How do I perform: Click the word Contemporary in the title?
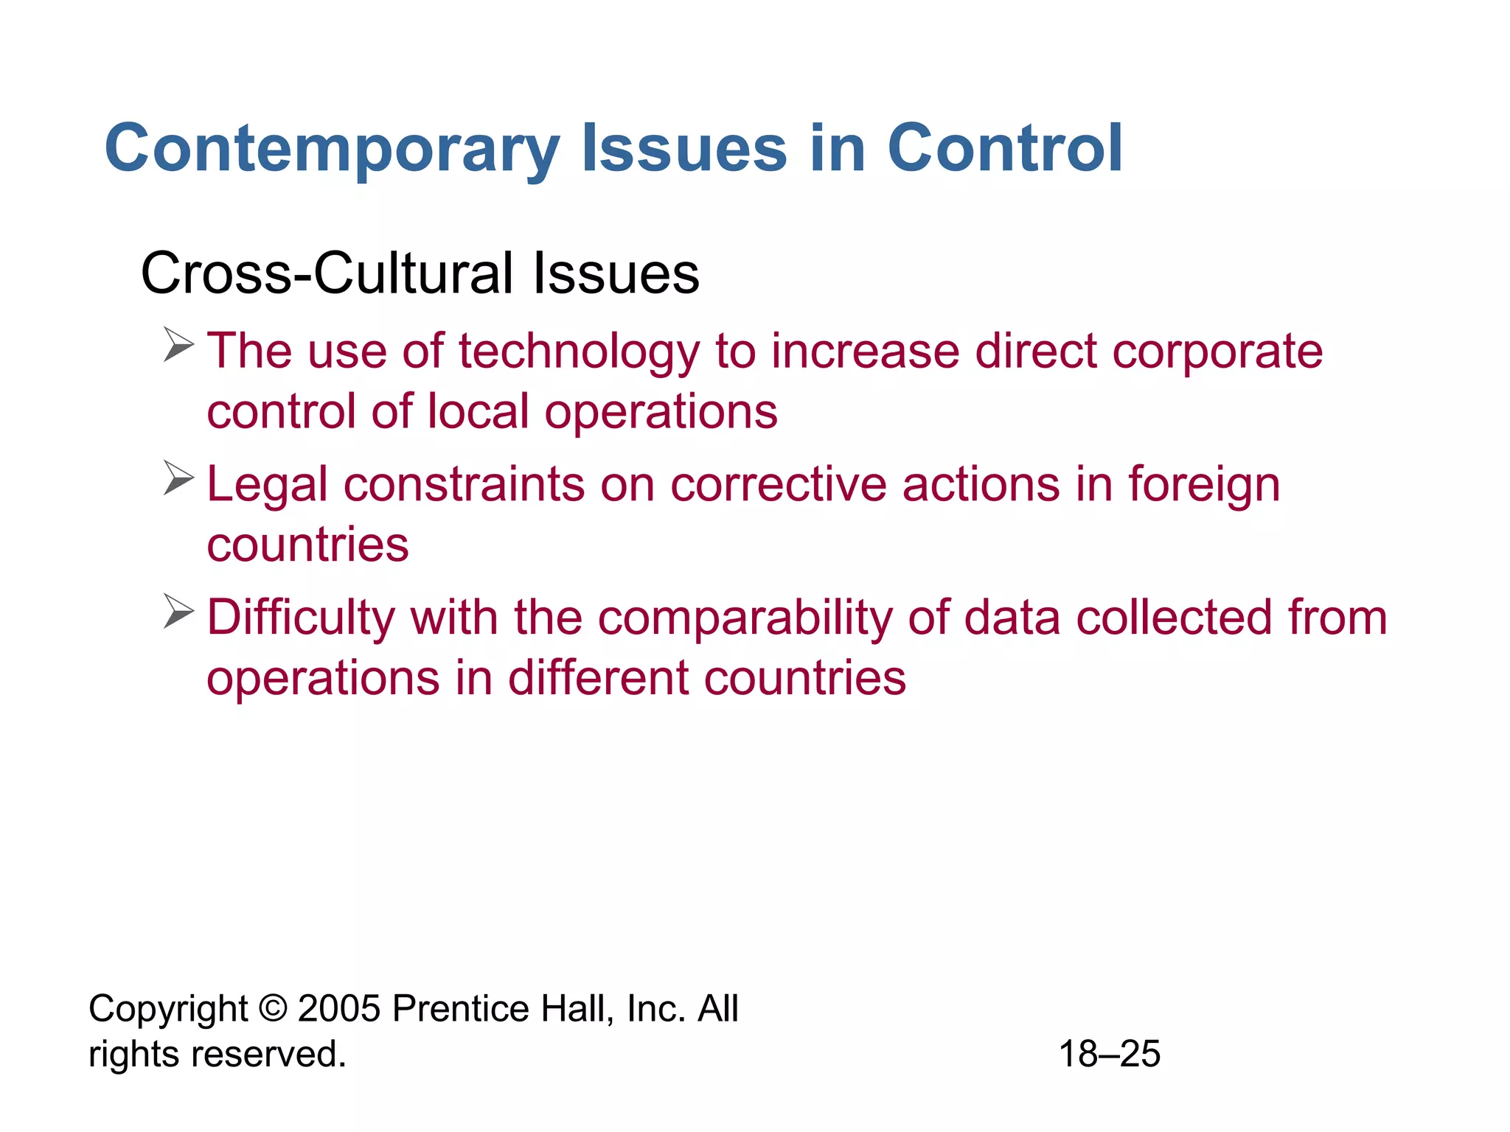pyautogui.click(x=333, y=150)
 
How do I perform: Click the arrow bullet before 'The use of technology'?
pyautogui.click(x=178, y=346)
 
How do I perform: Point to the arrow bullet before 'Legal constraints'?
pyautogui.click(x=178, y=478)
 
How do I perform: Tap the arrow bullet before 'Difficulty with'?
pyautogui.click(x=178, y=612)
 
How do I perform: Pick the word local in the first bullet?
pyautogui.click(x=478, y=411)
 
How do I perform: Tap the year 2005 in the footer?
pyautogui.click(x=338, y=1008)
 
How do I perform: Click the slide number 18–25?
pyautogui.click(x=1109, y=1054)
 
